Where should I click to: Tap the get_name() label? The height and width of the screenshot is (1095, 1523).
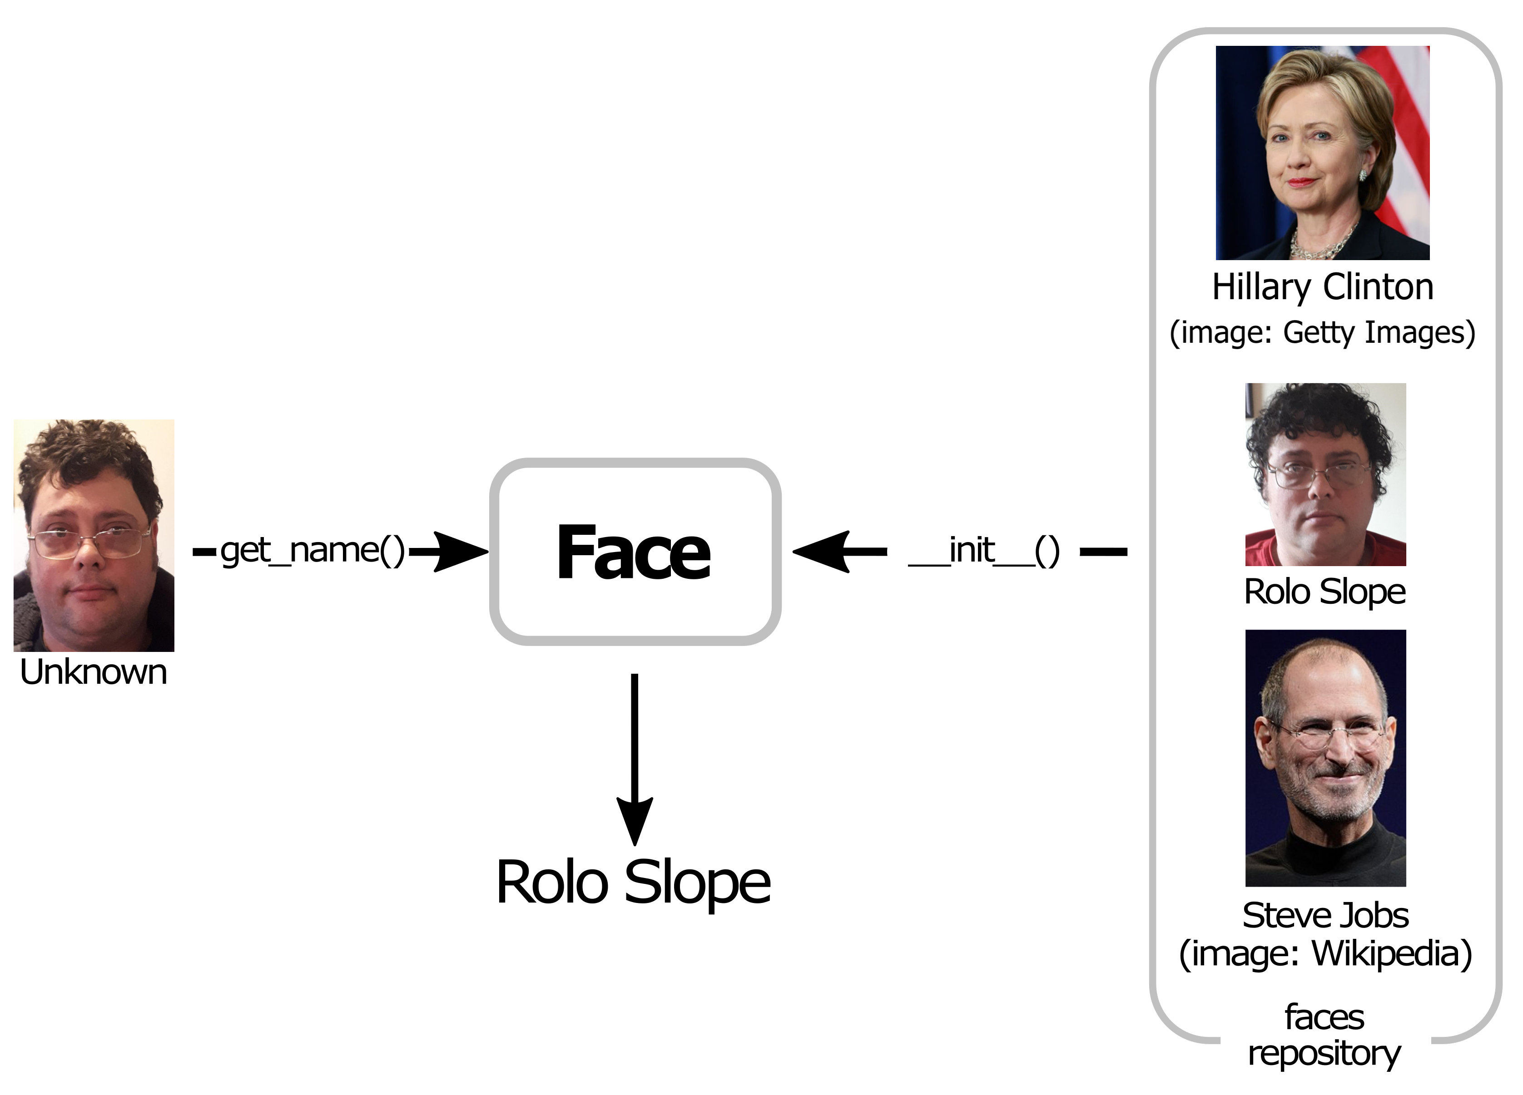tap(312, 551)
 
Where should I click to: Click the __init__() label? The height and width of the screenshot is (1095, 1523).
tap(984, 551)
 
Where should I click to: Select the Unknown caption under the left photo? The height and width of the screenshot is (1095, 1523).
tap(93, 672)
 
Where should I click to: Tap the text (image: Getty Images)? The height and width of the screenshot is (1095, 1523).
tap(1322, 332)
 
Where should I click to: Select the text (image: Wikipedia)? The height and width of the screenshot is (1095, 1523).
tap(1325, 953)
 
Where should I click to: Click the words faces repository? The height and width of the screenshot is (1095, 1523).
tap(1324, 1035)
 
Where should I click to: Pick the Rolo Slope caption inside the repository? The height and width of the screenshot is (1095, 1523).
tap(1325, 592)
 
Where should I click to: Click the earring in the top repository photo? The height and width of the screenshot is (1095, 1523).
tap(1363, 175)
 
